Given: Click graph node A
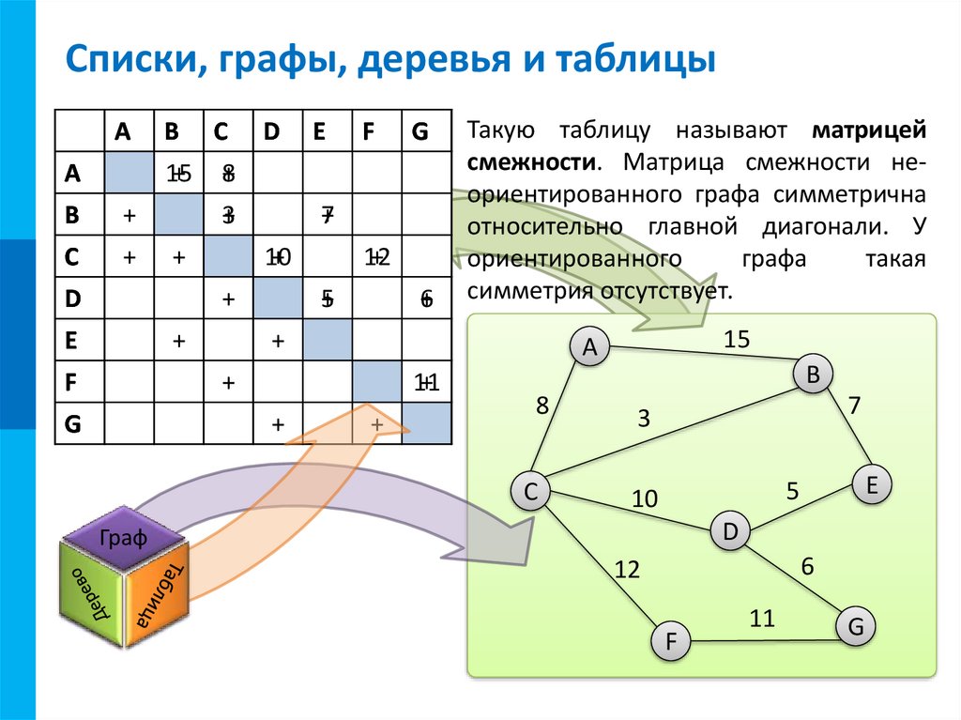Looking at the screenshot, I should click(x=590, y=347).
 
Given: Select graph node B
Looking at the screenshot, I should click(x=813, y=375).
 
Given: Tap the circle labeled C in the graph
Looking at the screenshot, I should click(x=530, y=491).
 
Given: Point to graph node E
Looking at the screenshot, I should click(x=871, y=485).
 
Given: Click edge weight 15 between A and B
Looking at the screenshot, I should click(x=737, y=340).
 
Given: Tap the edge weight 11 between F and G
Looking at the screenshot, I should click(x=762, y=618).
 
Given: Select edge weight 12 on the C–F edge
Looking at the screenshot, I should click(x=626, y=568).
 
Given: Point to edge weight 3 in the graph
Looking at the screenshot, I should click(x=644, y=419).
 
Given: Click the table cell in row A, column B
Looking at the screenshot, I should click(x=178, y=173).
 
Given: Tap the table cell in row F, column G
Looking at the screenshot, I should click(x=426, y=382).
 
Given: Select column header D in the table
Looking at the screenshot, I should click(x=271, y=131).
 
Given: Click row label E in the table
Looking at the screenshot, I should click(x=71, y=341).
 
